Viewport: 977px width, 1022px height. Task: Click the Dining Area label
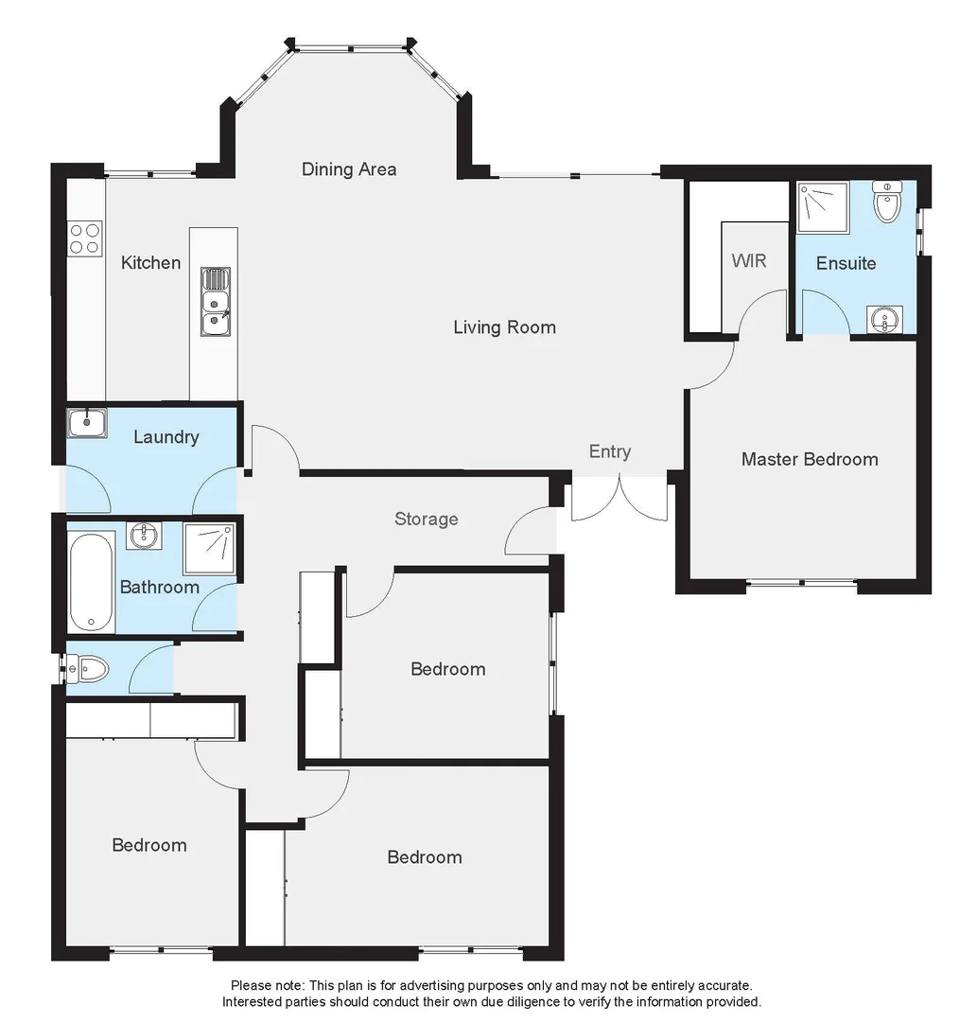pos(349,169)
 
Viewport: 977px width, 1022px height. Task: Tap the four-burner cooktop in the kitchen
pos(85,238)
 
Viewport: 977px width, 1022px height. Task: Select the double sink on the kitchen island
pos(215,302)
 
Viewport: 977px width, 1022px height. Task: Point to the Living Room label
pos(504,327)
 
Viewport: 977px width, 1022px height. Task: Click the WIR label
pos(748,259)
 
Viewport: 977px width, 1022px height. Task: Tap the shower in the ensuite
pos(818,207)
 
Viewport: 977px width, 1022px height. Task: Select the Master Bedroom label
pos(809,459)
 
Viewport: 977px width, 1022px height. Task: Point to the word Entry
pos(609,451)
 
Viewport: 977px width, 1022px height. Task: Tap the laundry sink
pos(87,422)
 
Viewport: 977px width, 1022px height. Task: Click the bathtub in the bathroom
pos(92,582)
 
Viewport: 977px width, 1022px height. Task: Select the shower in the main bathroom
pos(208,548)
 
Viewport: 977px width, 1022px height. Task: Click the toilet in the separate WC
pos(90,670)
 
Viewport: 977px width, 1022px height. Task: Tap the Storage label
pos(426,519)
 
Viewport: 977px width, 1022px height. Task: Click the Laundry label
pos(166,436)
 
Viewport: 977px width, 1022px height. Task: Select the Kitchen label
pos(150,262)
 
